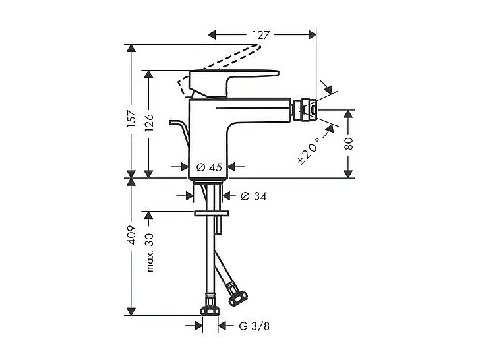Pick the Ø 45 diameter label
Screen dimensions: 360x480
click(209, 167)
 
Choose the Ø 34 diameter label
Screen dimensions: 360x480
click(253, 196)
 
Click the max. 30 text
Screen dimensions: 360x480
click(150, 253)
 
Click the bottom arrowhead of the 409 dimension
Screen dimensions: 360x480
click(131, 311)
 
